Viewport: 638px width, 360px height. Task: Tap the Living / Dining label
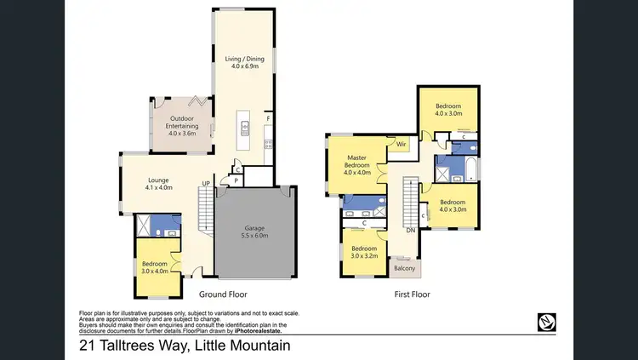(244, 59)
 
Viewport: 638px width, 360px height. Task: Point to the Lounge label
(158, 180)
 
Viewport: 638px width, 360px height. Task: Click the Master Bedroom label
(358, 161)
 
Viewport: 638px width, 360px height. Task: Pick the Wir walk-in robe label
(401, 145)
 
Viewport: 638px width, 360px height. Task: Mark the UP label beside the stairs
(205, 183)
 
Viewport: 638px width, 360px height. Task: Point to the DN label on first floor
(410, 230)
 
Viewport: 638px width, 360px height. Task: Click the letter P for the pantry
(235, 180)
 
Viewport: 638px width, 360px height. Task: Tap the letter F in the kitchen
(269, 117)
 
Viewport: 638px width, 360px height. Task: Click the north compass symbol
(547, 321)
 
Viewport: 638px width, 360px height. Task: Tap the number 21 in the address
(86, 346)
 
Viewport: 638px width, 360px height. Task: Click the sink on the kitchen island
(245, 129)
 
